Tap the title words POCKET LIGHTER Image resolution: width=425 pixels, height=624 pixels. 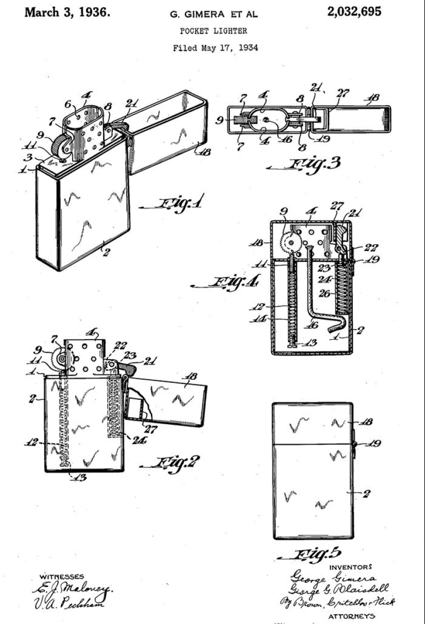pyautogui.click(x=213, y=31)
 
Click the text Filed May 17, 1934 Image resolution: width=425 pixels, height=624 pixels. pyautogui.click(x=213, y=48)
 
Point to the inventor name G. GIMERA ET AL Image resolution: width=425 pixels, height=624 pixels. pyautogui.click(x=213, y=15)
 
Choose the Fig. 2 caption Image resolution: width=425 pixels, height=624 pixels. pyautogui.click(x=172, y=460)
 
